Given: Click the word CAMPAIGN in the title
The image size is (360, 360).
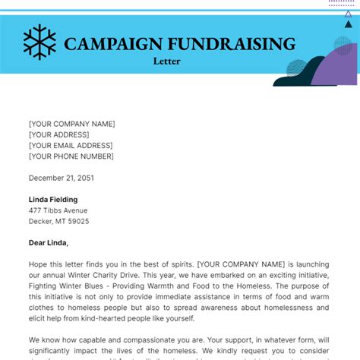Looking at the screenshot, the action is (x=106, y=43).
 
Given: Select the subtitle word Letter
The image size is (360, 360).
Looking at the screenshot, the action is (x=166, y=61).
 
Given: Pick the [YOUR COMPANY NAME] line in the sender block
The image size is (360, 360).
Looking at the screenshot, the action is (x=71, y=124).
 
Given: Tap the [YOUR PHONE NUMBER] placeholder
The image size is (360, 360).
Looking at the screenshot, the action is (x=71, y=156).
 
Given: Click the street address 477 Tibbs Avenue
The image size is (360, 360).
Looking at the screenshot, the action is (x=58, y=210).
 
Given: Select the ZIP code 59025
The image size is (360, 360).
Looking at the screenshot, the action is (x=77, y=221).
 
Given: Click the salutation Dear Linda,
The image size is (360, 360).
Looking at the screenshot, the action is (x=49, y=243).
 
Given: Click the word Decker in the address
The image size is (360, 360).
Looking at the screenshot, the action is (x=40, y=221).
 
